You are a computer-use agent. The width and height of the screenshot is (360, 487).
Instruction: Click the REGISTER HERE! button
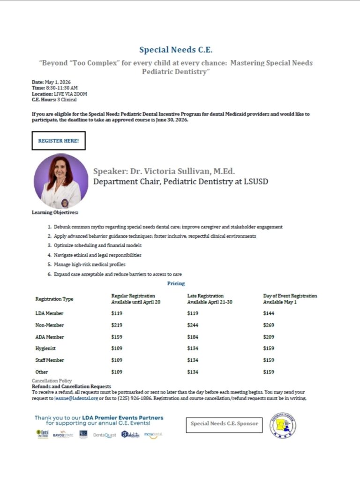tap(58, 140)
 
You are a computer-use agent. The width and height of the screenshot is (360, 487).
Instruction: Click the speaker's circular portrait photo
tap(61, 181)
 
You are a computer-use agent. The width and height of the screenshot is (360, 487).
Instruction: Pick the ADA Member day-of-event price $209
tap(269, 337)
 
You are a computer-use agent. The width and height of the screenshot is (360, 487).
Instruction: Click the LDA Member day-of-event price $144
tap(269, 313)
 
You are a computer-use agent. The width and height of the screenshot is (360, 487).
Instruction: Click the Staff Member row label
tap(50, 360)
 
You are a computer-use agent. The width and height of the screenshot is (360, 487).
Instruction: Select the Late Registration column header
tap(205, 296)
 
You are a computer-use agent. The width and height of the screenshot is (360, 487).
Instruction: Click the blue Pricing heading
tap(176, 283)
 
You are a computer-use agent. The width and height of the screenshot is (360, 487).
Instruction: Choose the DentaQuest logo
tap(105, 435)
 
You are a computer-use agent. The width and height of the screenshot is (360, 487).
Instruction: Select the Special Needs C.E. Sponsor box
tap(224, 424)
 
